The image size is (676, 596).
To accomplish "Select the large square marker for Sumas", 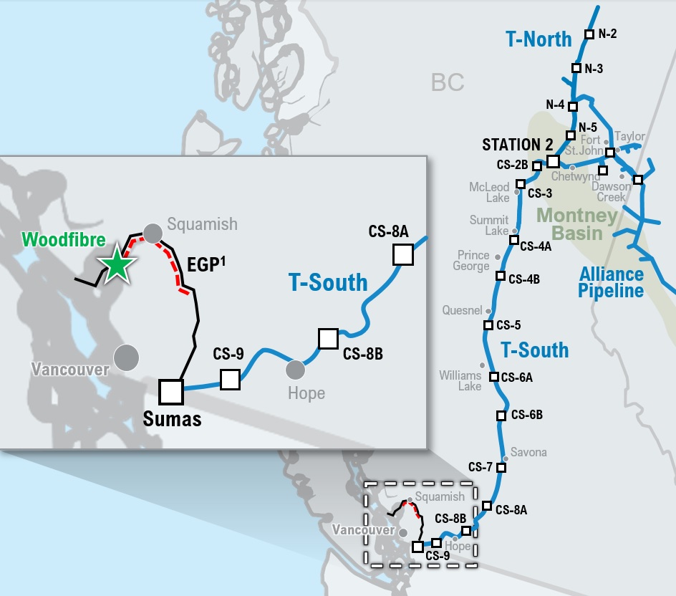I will click(x=171, y=391).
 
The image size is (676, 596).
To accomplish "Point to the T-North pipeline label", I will click(x=539, y=39).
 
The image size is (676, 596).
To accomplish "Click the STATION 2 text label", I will click(x=511, y=145).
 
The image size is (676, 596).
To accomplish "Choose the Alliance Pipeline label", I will click(x=612, y=282).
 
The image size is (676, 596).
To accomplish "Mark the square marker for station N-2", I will click(x=589, y=34).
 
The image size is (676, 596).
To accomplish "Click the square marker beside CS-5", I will click(x=488, y=325).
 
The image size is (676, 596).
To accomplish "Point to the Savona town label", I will click(x=529, y=452).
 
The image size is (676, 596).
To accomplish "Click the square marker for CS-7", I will click(x=501, y=468).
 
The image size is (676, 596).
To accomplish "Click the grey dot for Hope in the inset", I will click(x=295, y=370).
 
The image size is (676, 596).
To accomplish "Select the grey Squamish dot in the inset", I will click(x=152, y=233).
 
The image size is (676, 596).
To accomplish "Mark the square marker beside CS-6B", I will click(x=501, y=415).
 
